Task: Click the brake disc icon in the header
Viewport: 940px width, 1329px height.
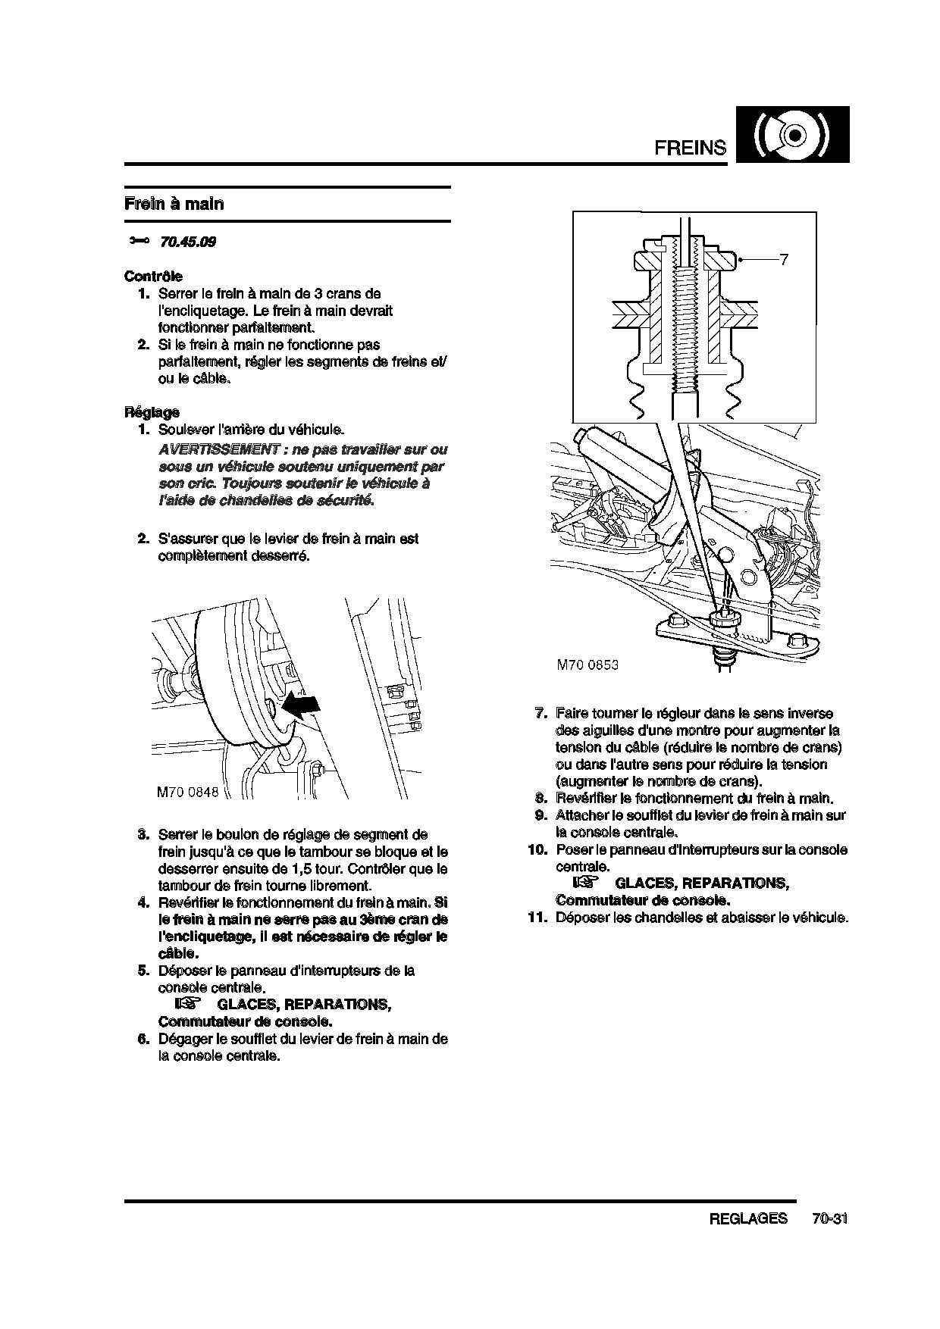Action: tap(792, 135)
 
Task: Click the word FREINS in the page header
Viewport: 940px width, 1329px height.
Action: tap(690, 148)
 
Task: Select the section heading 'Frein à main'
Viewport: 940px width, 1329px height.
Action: tap(174, 204)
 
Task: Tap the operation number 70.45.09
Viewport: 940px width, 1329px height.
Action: tap(187, 242)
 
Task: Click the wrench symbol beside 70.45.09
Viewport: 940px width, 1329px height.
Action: tap(139, 241)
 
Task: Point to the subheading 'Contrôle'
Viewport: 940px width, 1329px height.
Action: tap(153, 277)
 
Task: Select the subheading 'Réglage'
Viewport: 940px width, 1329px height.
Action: tap(152, 412)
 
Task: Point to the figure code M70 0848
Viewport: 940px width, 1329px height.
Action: tap(187, 792)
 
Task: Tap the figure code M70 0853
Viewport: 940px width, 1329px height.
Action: tap(587, 664)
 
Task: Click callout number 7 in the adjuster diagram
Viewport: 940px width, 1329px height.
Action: tap(784, 260)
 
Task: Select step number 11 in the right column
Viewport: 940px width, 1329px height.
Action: tap(537, 918)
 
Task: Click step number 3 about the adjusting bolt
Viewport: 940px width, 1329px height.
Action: tap(143, 835)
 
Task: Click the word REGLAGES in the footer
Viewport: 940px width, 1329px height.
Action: tap(748, 1218)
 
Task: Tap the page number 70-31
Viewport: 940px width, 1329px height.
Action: tap(829, 1218)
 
